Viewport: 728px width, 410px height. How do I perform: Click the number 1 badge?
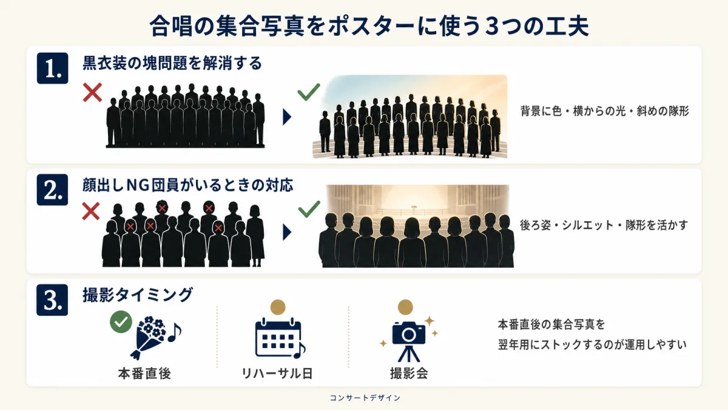(52, 68)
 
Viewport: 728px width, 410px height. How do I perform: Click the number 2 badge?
(52, 190)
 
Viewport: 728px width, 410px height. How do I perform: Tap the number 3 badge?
(52, 300)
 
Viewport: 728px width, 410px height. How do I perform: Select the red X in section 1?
(93, 92)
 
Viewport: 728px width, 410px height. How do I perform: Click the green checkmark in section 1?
(309, 92)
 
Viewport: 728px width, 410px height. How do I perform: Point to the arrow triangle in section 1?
(286, 117)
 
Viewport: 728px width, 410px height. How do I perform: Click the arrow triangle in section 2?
(286, 232)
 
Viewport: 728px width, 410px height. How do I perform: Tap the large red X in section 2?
(91, 212)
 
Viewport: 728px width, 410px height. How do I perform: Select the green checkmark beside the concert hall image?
(309, 209)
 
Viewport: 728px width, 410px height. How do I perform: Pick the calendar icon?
(280, 338)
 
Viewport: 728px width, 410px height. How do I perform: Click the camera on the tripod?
(409, 341)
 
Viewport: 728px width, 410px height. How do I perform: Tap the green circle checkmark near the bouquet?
(121, 321)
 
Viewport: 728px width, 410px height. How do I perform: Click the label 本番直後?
(144, 374)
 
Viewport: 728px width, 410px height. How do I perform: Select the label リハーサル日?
(277, 374)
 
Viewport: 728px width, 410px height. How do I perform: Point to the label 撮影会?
(409, 374)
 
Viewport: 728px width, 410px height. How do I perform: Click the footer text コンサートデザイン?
(365, 398)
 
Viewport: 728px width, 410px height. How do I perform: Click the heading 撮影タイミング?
(138, 295)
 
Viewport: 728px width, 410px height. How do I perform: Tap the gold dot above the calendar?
(278, 307)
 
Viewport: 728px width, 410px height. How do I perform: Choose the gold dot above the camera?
(405, 307)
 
